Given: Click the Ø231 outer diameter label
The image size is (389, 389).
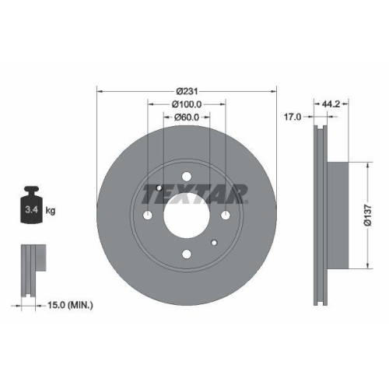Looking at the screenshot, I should tap(187, 92).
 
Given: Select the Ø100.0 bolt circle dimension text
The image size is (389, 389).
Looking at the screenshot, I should tap(187, 104).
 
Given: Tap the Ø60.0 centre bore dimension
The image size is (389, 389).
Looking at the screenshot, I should tap(187, 117).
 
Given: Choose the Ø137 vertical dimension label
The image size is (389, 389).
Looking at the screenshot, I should tap(376, 216).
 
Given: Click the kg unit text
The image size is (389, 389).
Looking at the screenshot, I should tap(50, 210).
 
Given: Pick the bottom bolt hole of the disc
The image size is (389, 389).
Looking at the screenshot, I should tap(187, 252).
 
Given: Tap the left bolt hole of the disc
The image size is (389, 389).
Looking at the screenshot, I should tap(148, 215).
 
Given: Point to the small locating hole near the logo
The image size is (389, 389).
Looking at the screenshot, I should tap(159, 188).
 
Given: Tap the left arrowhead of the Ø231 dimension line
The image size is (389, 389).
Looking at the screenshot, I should tap(100, 92).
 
